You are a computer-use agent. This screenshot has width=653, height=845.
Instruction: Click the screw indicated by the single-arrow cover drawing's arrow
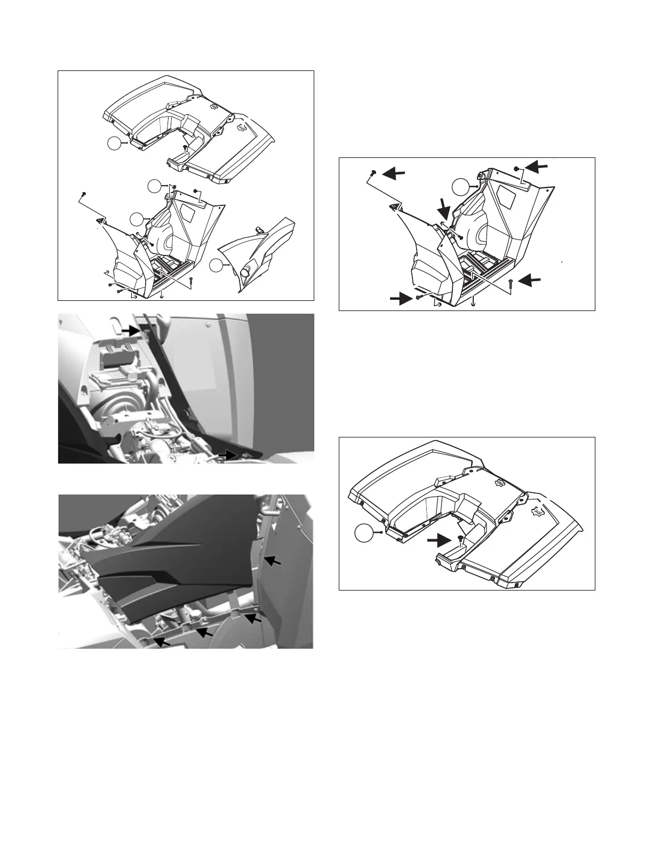[459, 540]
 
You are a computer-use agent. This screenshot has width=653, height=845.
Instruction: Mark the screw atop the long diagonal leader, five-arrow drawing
[372, 172]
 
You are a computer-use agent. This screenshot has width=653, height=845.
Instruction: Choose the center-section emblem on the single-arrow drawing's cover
[500, 483]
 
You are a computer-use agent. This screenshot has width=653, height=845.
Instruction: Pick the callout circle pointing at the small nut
[154, 186]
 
